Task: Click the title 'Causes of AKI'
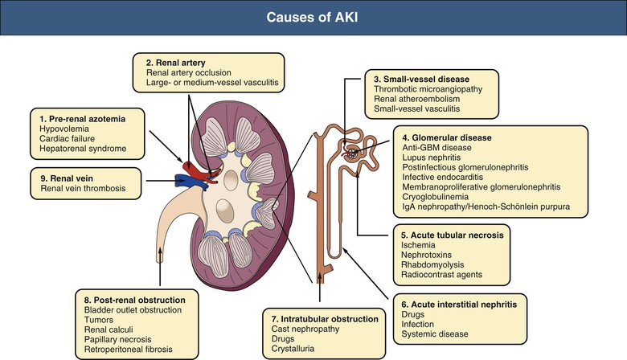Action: (x=313, y=18)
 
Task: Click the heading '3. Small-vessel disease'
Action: (x=425, y=79)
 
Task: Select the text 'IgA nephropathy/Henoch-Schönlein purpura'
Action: (x=486, y=207)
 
